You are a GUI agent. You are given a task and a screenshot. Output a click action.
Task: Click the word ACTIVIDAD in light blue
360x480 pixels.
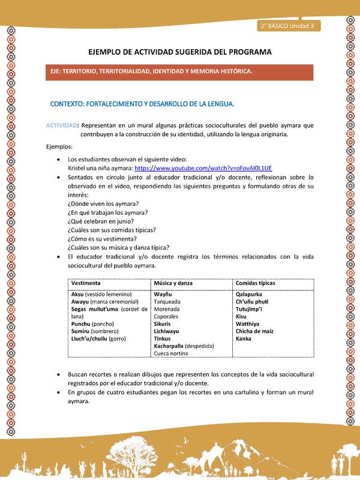pyautogui.click(x=61, y=125)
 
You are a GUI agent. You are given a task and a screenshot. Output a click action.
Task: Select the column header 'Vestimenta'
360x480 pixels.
pyautogui.click(x=86, y=283)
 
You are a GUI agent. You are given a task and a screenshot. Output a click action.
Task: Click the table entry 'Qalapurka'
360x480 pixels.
pyautogui.click(x=250, y=295)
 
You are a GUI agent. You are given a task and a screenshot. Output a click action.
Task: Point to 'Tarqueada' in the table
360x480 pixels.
pyautogui.click(x=168, y=302)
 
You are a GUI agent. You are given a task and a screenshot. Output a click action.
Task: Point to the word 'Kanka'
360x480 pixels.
pyautogui.click(x=244, y=338)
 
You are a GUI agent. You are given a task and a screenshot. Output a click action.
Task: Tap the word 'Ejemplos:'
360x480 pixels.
pyautogui.click(x=59, y=146)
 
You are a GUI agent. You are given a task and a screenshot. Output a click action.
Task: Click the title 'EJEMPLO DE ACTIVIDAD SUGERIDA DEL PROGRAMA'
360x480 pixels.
pyautogui.click(x=180, y=52)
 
